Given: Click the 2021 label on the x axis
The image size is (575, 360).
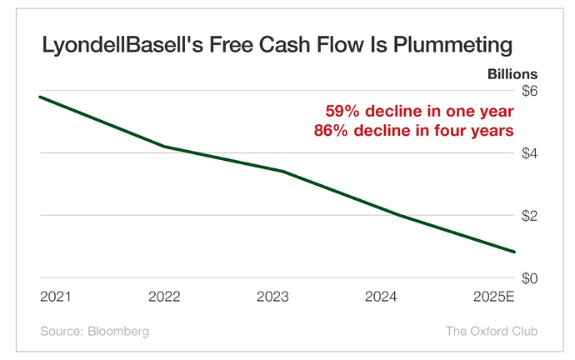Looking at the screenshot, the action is [55, 297].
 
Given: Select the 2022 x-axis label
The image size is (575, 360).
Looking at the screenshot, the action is [164, 297].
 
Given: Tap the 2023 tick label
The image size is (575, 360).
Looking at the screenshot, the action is [272, 297].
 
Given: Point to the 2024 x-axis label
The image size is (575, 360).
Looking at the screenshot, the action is [381, 297].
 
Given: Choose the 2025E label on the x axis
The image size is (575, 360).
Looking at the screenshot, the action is [494, 297].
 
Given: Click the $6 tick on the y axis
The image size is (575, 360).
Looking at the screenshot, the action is [529, 91].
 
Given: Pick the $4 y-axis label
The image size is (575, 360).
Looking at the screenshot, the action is [529, 153].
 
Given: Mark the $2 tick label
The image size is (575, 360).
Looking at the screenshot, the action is [529, 216].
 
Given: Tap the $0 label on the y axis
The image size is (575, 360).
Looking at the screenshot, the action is [529, 278].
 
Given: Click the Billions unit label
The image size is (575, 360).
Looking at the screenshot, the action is [512, 74].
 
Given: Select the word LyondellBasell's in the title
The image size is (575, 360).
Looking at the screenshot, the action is [122, 46].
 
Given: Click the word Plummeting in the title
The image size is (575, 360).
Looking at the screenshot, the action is [452, 46].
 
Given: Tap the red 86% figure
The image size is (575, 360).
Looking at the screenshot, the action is [331, 131].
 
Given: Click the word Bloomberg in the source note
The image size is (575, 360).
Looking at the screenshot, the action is [118, 332].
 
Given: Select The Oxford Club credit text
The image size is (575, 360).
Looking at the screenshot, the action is [492, 331].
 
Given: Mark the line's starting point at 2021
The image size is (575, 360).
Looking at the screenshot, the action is [40, 97].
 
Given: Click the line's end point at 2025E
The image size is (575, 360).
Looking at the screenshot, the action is [514, 252].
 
